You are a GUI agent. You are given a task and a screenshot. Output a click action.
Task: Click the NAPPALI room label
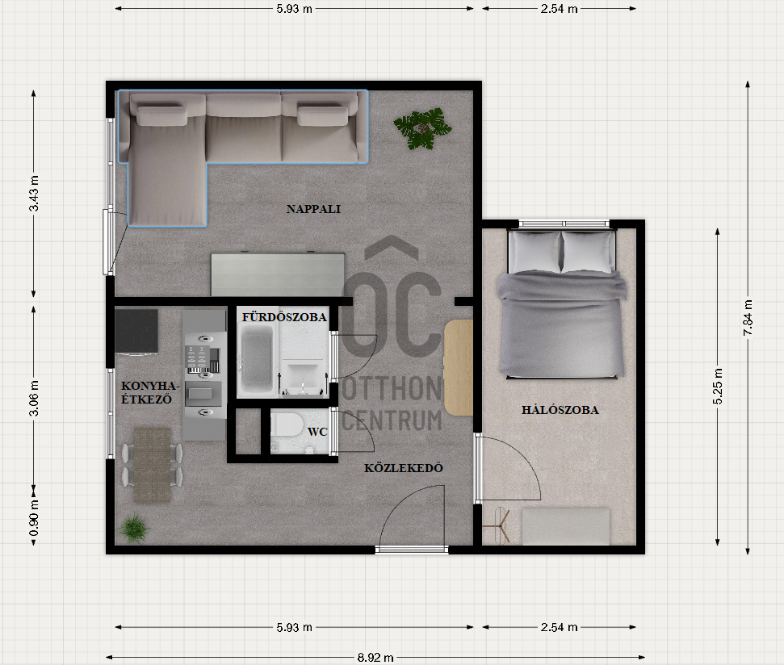[x=313, y=209]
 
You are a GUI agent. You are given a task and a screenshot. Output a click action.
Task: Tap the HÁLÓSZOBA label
[x=560, y=410]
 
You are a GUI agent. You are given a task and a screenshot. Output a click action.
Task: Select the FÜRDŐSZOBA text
[x=284, y=316]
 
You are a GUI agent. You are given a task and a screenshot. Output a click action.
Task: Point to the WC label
[x=317, y=432]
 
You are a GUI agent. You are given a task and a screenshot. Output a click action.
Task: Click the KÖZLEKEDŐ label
[x=404, y=468]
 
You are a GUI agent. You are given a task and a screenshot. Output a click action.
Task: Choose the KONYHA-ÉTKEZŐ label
[x=149, y=392]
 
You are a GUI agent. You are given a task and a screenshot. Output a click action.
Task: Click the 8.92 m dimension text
[x=375, y=658]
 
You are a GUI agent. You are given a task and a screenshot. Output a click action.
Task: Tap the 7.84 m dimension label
[x=748, y=318]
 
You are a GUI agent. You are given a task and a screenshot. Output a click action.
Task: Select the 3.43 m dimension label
[x=34, y=194]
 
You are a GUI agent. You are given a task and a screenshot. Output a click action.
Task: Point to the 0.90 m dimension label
[x=34, y=518]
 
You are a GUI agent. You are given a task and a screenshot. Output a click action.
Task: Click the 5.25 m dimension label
[x=718, y=387]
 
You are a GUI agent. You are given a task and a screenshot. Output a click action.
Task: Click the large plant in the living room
[x=422, y=129]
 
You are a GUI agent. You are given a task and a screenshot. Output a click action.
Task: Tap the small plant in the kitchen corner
[x=134, y=529]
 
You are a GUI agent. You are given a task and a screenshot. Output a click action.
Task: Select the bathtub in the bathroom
[x=257, y=358]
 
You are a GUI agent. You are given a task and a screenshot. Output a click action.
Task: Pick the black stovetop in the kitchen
[x=136, y=331]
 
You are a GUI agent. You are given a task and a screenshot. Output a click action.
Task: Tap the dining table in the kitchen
[x=152, y=465]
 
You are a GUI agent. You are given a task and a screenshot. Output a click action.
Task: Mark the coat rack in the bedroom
[x=498, y=525]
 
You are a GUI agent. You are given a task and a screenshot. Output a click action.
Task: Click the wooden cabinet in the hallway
[x=458, y=368]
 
